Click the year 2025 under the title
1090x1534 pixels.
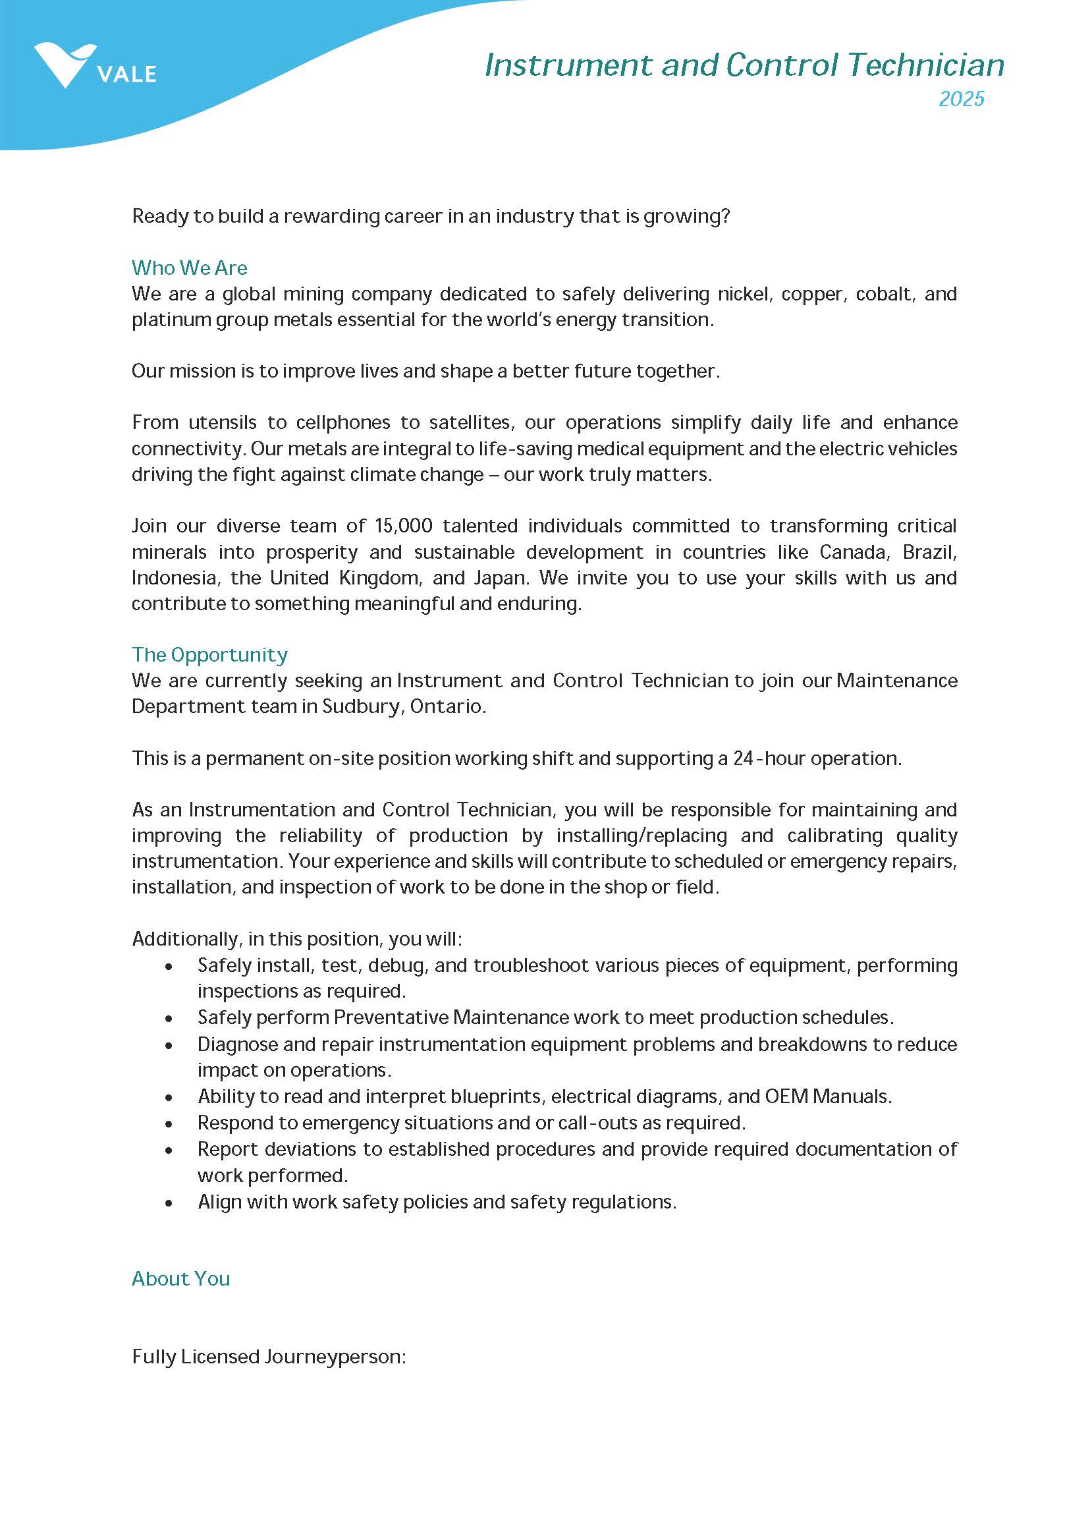coord(960,99)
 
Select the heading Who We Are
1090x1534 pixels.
coord(189,268)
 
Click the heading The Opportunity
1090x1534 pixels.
coord(209,654)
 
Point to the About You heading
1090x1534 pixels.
coord(180,1278)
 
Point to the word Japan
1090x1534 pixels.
coord(500,578)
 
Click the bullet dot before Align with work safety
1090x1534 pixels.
coord(169,1203)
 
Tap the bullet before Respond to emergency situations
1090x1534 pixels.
coord(169,1123)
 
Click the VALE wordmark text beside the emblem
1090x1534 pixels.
coord(127,74)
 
